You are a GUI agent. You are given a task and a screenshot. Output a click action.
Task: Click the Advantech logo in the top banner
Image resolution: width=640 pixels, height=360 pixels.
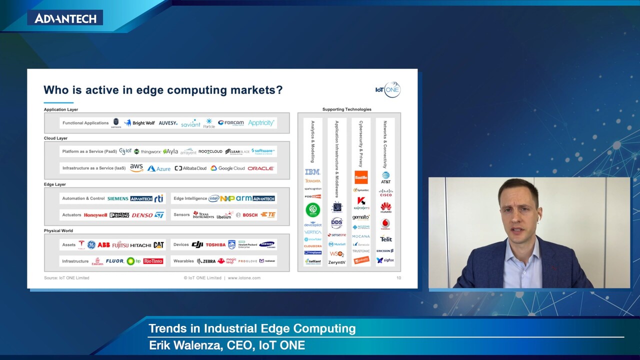pos(65,18)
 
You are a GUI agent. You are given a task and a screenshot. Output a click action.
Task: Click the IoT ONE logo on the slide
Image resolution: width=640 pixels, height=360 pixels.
pos(388,89)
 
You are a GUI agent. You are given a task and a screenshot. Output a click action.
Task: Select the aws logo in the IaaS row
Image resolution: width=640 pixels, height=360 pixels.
pos(136,168)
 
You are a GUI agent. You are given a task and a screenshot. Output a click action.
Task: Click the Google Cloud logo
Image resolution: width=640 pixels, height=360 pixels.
pos(227,168)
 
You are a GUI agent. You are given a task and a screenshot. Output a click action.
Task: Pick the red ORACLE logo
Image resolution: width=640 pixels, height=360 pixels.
pos(260,168)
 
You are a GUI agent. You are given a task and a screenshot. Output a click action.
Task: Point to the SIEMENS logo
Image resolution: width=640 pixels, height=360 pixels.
pos(118,198)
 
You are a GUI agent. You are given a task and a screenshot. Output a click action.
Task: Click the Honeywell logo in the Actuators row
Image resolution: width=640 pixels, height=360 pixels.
pos(95,215)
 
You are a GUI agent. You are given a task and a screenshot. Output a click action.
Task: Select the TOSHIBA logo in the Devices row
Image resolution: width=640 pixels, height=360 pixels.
pos(215,245)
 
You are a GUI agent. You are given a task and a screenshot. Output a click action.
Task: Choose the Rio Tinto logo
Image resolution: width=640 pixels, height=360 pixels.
pos(153,261)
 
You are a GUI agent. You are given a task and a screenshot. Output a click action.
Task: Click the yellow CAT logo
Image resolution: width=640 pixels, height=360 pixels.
pos(158,245)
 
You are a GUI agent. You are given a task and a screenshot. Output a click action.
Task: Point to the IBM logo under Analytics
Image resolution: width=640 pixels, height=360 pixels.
pos(312,172)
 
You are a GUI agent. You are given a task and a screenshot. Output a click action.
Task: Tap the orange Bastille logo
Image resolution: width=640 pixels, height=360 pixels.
pos(361,177)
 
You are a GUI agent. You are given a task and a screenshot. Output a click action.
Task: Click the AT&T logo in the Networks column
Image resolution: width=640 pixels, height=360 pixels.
pos(385,177)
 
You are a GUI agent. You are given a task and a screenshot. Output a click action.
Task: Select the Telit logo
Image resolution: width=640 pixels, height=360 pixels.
pos(386,239)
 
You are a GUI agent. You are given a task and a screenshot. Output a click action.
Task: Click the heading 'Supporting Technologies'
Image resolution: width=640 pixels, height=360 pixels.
pos(346,109)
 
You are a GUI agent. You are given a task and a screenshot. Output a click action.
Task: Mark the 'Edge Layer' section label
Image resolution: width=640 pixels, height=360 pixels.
pos(55,184)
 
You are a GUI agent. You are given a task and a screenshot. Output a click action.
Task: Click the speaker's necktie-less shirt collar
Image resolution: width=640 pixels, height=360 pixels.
pos(520,250)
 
